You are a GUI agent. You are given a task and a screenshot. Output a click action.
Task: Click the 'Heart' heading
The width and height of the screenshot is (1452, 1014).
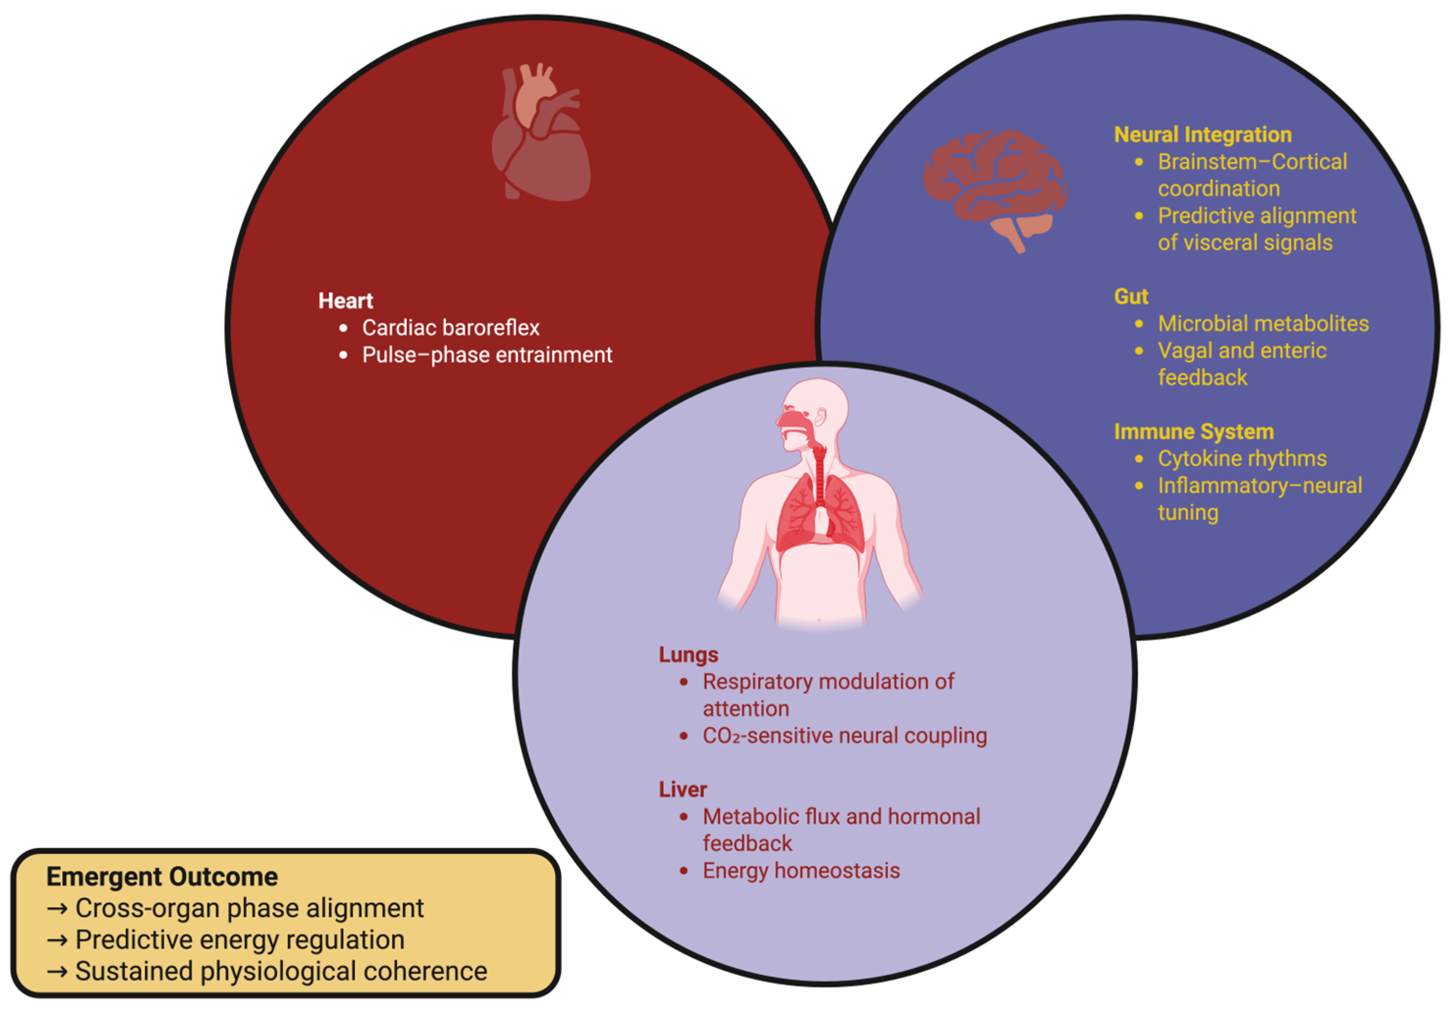(x=345, y=300)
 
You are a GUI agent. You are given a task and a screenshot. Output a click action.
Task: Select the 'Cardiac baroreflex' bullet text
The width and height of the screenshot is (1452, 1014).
(x=450, y=328)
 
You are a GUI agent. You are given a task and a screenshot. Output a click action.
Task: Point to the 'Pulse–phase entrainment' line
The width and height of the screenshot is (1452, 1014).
(x=487, y=355)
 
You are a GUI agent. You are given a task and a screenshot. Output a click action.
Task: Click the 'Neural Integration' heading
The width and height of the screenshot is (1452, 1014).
(x=1202, y=135)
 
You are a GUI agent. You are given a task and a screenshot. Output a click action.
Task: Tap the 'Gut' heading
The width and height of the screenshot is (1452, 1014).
(x=1131, y=296)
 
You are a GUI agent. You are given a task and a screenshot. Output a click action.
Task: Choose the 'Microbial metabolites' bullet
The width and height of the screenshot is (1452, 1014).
(x=1263, y=324)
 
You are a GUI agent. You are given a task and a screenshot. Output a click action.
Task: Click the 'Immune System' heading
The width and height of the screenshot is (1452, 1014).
(x=1193, y=431)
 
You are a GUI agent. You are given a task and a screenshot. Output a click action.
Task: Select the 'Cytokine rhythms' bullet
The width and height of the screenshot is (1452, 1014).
(x=1242, y=458)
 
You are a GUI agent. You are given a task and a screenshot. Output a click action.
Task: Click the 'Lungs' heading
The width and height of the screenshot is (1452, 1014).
(x=688, y=655)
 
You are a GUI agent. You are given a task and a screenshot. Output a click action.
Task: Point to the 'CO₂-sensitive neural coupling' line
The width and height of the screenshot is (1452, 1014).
(x=844, y=736)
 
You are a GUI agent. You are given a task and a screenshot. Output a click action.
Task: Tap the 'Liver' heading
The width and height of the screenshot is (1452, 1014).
(x=683, y=789)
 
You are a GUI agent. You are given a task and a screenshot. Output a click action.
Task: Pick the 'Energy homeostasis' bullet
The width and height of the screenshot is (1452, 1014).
(x=801, y=871)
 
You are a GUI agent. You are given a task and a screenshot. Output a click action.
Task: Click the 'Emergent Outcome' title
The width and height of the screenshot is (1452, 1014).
(x=162, y=877)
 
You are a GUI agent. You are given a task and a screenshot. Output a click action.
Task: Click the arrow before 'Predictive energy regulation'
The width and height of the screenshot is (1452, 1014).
(x=57, y=940)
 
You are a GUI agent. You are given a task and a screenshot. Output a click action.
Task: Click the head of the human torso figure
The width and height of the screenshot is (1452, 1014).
(x=816, y=408)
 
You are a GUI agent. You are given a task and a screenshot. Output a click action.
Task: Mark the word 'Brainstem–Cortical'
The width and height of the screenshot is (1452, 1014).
(x=1252, y=162)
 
